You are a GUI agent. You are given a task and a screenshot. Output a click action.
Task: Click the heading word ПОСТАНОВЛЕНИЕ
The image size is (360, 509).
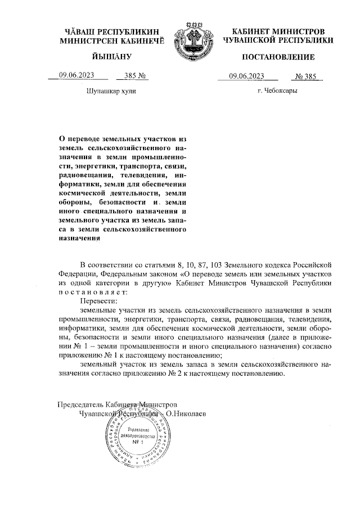(x=278, y=58)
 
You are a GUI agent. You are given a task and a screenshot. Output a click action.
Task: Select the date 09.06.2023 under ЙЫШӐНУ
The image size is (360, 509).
(x=76, y=76)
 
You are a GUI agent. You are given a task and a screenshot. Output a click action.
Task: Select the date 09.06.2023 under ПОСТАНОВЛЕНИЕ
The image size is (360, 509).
(x=247, y=76)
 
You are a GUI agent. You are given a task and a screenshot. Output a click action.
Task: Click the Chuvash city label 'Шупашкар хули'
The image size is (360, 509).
(x=111, y=91)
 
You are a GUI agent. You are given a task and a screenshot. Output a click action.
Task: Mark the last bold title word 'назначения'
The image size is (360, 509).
(x=79, y=237)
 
